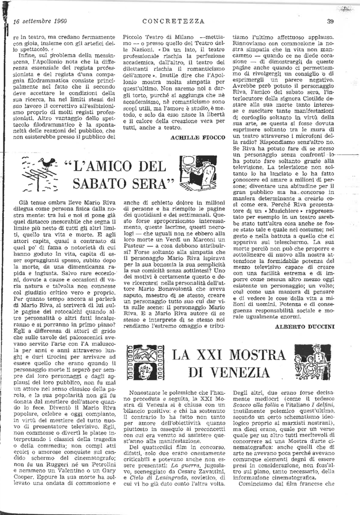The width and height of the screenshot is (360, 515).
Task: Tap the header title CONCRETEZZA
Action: pyautogui.click(x=173, y=21)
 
